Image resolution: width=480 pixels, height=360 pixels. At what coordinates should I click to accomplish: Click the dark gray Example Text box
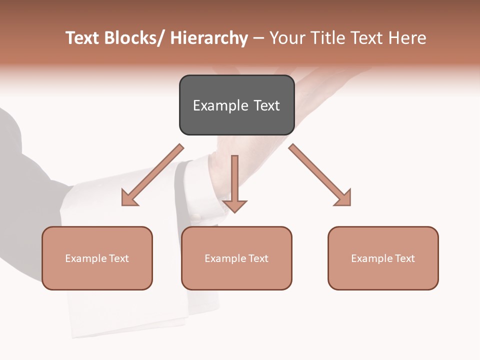pyautogui.click(x=236, y=105)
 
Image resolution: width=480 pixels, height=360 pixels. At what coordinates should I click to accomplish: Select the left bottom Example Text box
pyautogui.click(x=97, y=258)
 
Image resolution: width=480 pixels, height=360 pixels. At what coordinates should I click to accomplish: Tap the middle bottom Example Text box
pyautogui.click(x=236, y=258)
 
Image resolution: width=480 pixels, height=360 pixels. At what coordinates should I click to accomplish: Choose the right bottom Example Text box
pyautogui.click(x=383, y=258)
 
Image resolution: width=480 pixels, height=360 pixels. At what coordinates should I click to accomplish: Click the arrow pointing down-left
pyautogui.click(x=152, y=175)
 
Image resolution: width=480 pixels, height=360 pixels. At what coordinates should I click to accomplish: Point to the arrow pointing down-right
pyautogui.click(x=320, y=175)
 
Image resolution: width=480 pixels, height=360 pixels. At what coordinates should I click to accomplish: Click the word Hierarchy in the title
pyautogui.click(x=209, y=38)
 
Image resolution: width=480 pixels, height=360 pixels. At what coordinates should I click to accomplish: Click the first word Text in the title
pyautogui.click(x=83, y=38)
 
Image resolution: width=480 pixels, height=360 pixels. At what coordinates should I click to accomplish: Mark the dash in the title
pyautogui.click(x=258, y=38)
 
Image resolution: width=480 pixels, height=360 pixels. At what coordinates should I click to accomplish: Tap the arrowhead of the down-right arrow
pyautogui.click(x=343, y=198)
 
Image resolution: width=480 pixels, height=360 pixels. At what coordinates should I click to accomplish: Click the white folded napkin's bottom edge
pyautogui.click(x=130, y=334)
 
